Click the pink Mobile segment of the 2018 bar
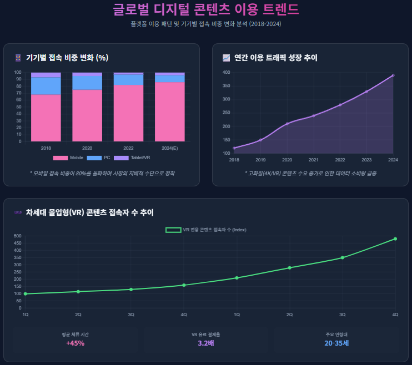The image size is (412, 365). (46, 118)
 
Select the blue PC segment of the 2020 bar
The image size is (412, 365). (87, 82)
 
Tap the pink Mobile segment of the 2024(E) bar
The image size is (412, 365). (169, 111)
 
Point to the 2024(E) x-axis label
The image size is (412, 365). (169, 149)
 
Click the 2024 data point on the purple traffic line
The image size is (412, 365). (393, 75)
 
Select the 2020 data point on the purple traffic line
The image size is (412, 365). (287, 124)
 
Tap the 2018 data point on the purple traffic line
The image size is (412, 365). (234, 148)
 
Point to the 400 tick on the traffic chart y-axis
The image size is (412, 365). (227, 73)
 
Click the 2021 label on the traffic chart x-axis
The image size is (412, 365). (314, 160)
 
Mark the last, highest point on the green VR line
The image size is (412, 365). (395, 239)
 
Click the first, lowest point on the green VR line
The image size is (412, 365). (26, 294)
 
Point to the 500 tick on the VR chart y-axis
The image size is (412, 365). (17, 236)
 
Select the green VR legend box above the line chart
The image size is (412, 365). (173, 230)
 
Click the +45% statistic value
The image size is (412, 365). (75, 343)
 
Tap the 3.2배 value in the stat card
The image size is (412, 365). (205, 343)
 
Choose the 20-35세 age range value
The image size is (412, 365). (336, 343)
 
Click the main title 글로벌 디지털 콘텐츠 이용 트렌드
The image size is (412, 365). (206, 9)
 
